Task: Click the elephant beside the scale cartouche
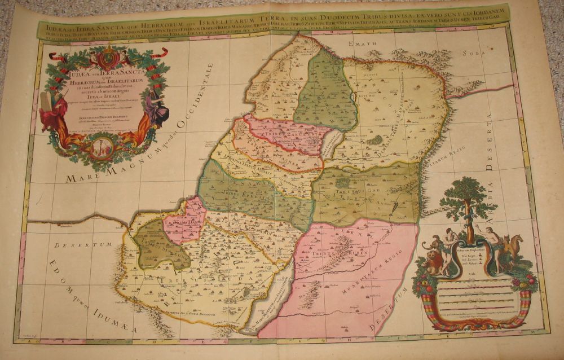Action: pyautogui.click(x=431, y=248)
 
